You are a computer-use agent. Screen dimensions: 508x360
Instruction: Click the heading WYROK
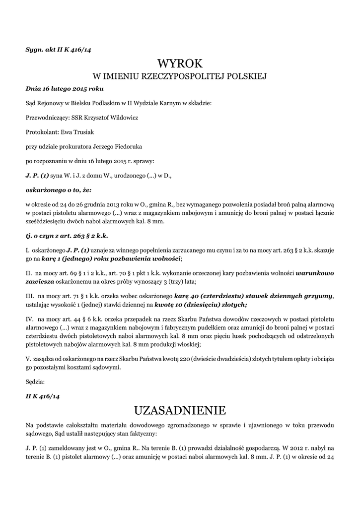(180, 63)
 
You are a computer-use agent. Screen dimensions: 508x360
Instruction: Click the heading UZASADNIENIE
(180, 410)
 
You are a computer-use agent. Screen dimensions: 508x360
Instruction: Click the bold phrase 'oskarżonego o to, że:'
(59, 190)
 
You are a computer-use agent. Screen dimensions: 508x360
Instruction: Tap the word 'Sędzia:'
(35, 382)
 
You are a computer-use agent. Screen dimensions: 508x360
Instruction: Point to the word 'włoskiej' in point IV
(188, 344)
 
